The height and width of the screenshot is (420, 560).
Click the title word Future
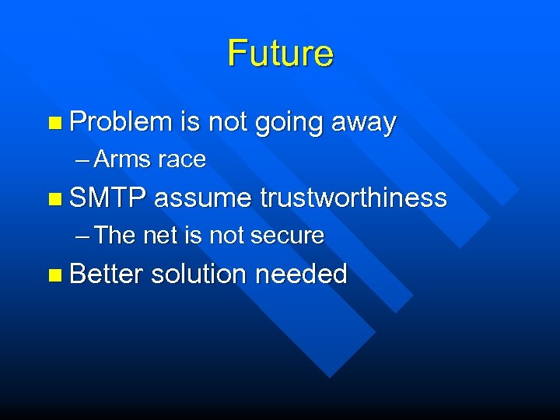[280, 54]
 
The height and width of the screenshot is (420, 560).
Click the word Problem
[120, 122]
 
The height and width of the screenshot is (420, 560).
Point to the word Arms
[123, 159]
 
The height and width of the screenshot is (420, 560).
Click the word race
[181, 160]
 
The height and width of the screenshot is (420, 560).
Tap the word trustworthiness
[353, 198]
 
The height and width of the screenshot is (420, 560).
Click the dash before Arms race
[83, 160]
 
